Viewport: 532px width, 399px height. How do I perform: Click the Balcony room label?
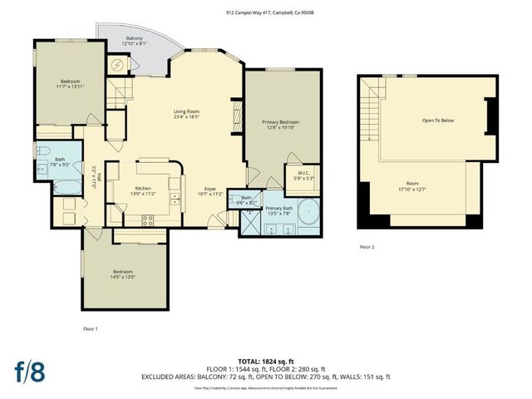coord(134,39)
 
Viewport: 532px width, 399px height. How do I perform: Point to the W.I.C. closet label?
coord(303,174)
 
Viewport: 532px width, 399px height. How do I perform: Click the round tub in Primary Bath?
coord(308,213)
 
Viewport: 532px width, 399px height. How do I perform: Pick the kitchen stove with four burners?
coord(147,220)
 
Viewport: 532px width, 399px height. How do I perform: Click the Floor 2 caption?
coord(367,247)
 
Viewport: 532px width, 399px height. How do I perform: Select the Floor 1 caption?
coord(90,328)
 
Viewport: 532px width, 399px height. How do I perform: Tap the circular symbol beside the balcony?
coord(117,64)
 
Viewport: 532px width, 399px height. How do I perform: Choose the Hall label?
coord(98,175)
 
